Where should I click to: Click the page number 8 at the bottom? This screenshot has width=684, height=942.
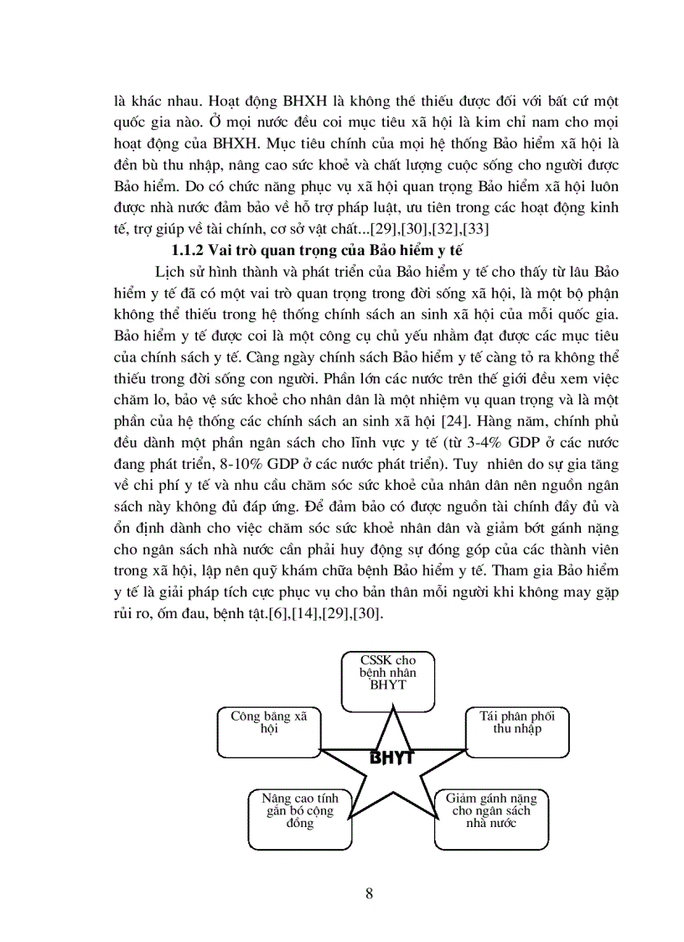[x=370, y=892]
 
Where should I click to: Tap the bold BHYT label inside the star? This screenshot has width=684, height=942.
[x=391, y=758]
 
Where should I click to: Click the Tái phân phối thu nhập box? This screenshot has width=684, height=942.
[x=510, y=731]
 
